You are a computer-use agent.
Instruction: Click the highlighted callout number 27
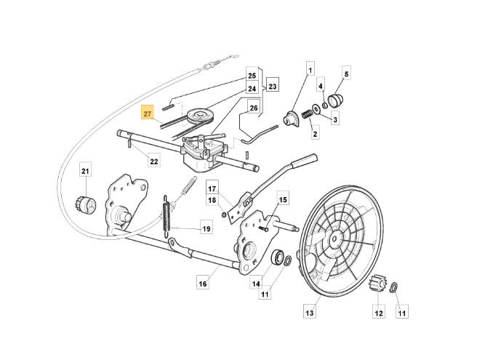click(x=148, y=114)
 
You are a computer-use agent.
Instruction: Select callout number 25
click(x=252, y=76)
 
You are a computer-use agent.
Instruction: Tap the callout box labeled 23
click(x=273, y=86)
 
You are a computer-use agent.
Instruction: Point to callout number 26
click(x=253, y=108)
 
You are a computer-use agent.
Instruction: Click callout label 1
click(x=310, y=71)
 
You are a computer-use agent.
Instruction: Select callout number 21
click(x=85, y=171)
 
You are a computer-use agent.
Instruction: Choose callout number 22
click(x=154, y=161)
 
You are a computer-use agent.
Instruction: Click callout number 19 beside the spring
click(x=206, y=228)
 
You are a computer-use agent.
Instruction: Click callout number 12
click(x=378, y=313)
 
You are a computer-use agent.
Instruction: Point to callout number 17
click(x=213, y=185)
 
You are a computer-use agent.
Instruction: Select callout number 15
click(x=283, y=200)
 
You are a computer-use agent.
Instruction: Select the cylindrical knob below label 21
click(x=87, y=205)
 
